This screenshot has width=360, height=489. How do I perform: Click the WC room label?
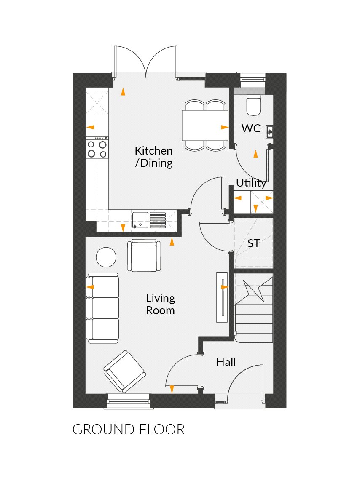[x=251, y=128]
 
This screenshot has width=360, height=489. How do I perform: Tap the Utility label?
[x=251, y=183]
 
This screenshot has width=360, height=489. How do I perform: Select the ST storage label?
[x=253, y=243]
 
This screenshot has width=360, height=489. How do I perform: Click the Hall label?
[x=226, y=362]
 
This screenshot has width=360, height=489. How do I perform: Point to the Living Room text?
[x=160, y=305]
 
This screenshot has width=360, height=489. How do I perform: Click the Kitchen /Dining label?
[x=153, y=157]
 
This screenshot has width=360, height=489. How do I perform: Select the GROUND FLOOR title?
[x=129, y=429]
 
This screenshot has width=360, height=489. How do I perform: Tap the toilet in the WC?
[x=254, y=105]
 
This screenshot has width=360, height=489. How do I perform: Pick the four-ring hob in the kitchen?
[x=97, y=148]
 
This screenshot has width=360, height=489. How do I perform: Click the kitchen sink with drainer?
[x=150, y=220]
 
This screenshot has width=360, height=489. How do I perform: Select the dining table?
[x=205, y=125]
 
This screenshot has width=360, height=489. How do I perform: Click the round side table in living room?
[x=106, y=257]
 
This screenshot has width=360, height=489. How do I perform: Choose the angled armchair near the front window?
[x=124, y=371]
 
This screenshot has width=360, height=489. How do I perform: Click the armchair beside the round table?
[x=145, y=256]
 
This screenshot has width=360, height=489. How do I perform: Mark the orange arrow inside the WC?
[x=255, y=154]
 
